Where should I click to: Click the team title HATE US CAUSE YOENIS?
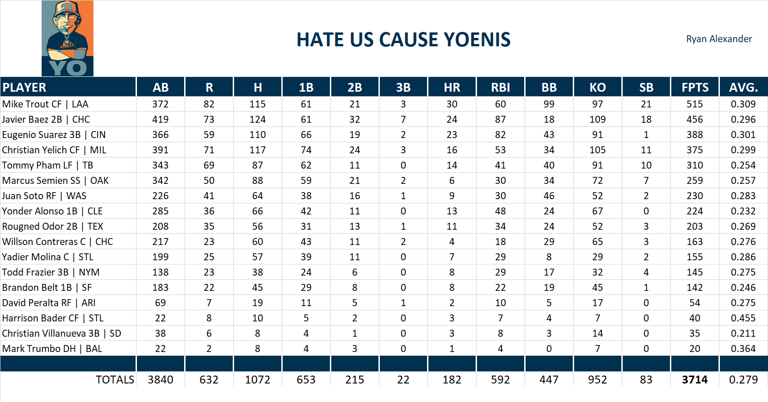coord(403,40)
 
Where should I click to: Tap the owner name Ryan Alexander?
coord(718,39)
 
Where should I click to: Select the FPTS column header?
coord(694,88)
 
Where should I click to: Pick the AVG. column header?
coord(743,88)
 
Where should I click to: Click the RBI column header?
coord(500,88)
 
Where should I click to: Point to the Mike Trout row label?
coord(45,104)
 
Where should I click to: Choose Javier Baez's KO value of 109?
coord(597,119)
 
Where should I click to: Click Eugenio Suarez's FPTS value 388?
coord(694,135)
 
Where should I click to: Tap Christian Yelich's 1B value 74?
coord(306,150)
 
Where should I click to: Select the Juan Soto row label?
coord(44,196)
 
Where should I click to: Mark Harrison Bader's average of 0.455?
coord(743,318)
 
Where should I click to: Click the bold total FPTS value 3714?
coord(694,380)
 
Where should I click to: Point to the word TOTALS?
coord(115,380)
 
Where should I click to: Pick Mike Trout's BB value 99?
coord(549,104)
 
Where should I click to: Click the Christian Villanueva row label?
coord(62,333)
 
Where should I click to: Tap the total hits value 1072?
coord(257,380)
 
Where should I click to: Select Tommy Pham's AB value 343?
coord(160,165)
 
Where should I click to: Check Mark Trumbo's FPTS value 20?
coord(694,349)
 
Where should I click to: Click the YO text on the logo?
coord(68,68)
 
